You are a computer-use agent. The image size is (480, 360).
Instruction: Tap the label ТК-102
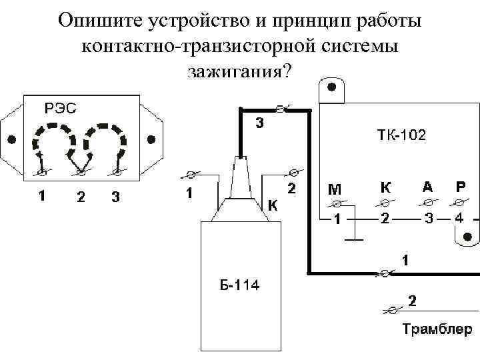(x=401, y=136)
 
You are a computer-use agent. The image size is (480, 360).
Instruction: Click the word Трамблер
(x=437, y=329)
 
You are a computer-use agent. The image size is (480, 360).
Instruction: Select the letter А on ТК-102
(x=427, y=187)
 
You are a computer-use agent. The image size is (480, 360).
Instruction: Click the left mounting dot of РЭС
(x=11, y=139)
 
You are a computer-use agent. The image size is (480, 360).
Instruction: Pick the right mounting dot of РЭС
(x=151, y=139)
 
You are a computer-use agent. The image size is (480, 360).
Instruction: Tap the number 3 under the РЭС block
(x=117, y=197)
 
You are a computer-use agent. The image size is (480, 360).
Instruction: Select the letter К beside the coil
(x=273, y=205)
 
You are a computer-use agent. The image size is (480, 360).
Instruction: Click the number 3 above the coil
(x=260, y=123)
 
